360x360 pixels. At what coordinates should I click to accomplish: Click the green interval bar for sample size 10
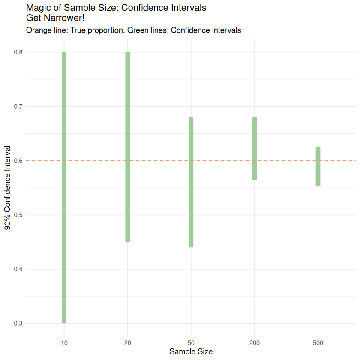click(x=64, y=187)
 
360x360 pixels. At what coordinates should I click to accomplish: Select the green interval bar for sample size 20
click(x=127, y=147)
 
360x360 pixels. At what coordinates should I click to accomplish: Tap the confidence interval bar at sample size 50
click(x=191, y=182)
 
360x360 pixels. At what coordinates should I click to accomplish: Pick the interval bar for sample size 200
click(x=255, y=148)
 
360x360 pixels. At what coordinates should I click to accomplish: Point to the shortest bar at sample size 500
click(x=318, y=166)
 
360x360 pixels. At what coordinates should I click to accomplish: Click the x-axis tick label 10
click(x=64, y=343)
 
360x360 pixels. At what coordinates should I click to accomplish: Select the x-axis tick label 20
click(x=127, y=343)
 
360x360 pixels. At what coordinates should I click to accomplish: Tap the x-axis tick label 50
click(x=191, y=343)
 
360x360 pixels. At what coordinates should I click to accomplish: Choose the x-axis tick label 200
click(x=255, y=343)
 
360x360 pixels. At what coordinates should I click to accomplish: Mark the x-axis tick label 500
click(x=318, y=343)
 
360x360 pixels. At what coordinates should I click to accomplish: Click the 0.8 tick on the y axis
click(x=18, y=52)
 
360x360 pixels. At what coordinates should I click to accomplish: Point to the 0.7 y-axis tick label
click(x=18, y=106)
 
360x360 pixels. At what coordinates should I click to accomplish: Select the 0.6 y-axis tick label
click(x=18, y=161)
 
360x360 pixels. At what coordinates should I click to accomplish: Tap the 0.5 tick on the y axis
click(x=18, y=215)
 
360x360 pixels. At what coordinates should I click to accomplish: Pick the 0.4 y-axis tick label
click(x=18, y=269)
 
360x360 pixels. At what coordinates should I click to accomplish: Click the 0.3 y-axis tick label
click(x=18, y=323)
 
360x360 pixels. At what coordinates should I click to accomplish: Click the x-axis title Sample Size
click(x=191, y=352)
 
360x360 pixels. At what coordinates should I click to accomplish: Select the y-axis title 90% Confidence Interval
click(x=8, y=188)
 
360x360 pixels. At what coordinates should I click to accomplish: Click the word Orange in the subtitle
click(x=38, y=30)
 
